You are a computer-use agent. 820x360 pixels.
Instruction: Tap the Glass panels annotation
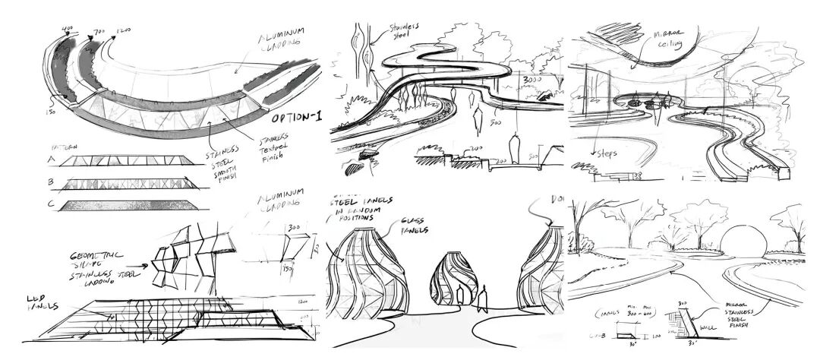click(415, 226)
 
